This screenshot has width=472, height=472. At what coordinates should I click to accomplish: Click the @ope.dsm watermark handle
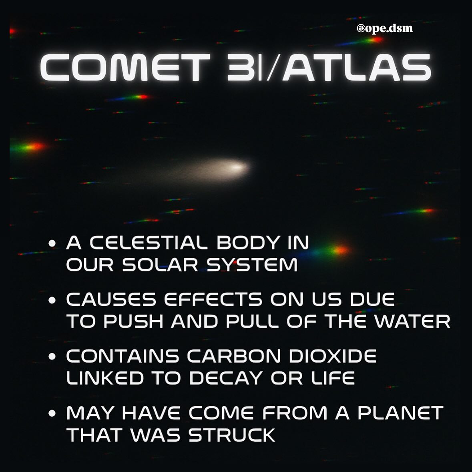[385, 29]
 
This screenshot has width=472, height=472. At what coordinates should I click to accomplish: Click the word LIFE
[332, 378]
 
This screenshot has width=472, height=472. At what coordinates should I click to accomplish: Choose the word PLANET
[400, 413]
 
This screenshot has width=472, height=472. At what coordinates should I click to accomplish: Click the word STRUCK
[232, 435]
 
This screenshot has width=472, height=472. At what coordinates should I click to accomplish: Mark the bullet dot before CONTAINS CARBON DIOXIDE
[51, 357]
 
